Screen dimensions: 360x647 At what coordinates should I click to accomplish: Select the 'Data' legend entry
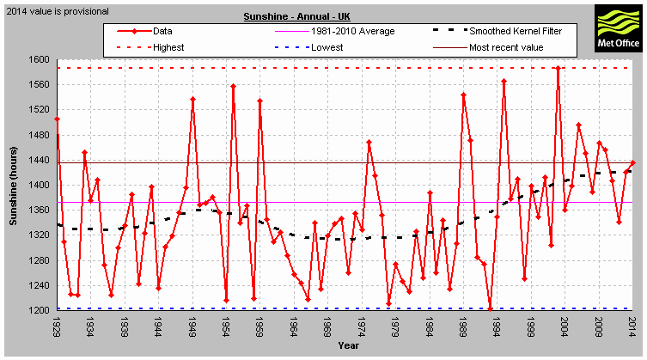[x=162, y=31]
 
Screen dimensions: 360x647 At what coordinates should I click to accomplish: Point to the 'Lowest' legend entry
[x=326, y=47]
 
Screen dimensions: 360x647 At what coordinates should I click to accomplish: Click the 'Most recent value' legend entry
[x=506, y=47]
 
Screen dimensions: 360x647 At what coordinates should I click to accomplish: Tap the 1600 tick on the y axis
[x=40, y=59]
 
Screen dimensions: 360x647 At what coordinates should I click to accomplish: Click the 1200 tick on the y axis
[x=40, y=310]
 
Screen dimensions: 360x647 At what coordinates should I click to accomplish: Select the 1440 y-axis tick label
[x=40, y=160]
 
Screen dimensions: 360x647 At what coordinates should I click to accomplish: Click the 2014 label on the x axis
[x=632, y=329]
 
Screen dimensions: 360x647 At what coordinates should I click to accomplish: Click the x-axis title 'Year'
[x=348, y=346]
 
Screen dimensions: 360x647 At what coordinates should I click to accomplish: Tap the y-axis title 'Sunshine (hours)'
[x=13, y=185]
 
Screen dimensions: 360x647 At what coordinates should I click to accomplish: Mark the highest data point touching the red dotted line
[x=558, y=67]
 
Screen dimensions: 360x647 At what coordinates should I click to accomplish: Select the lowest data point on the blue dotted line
[x=490, y=308]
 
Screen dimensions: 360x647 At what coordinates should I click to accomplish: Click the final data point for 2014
[x=632, y=162]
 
